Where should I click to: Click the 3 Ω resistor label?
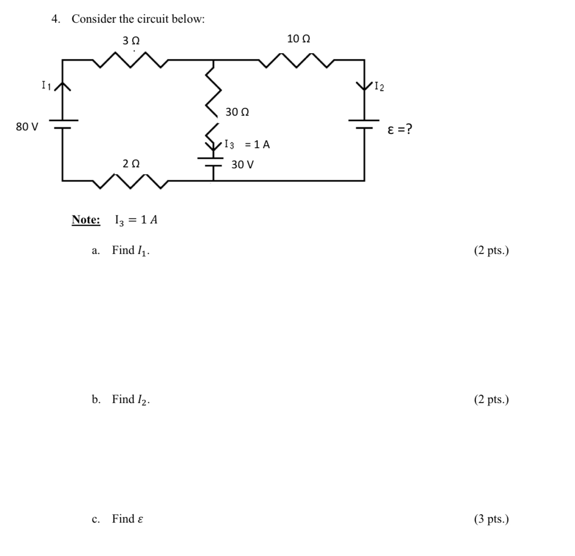click(x=131, y=41)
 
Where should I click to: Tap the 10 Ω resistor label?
click(x=298, y=39)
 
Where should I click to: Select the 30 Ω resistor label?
click(x=237, y=112)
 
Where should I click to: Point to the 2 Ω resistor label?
click(x=131, y=163)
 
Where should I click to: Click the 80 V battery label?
click(x=27, y=127)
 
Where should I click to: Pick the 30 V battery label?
click(x=243, y=164)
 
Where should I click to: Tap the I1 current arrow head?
click(x=62, y=87)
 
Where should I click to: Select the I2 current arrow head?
click(x=364, y=87)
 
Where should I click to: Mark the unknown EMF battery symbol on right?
click(x=364, y=123)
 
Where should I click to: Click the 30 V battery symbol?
click(x=213, y=161)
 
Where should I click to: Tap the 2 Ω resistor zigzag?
click(x=131, y=181)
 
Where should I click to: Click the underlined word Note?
click(x=86, y=220)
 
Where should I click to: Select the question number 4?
click(x=56, y=19)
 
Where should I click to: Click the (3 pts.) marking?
click(x=491, y=519)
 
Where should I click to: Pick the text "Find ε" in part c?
click(x=127, y=519)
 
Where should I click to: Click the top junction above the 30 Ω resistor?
click(x=213, y=61)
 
